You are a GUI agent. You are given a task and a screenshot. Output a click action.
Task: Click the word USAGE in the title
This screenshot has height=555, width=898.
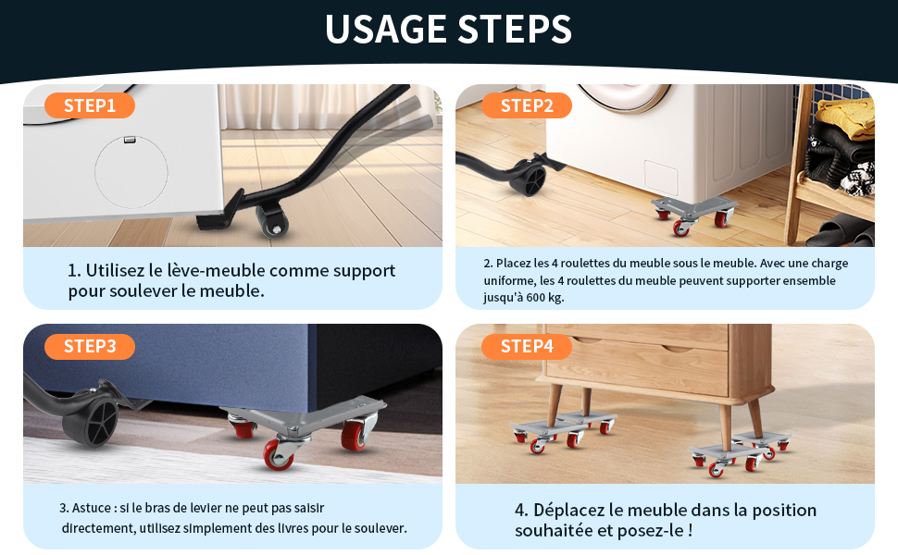point(385,30)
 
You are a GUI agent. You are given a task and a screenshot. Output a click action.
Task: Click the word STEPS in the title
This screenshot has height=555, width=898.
point(515,30)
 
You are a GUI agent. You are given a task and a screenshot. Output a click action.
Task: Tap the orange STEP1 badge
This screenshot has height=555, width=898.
point(90,105)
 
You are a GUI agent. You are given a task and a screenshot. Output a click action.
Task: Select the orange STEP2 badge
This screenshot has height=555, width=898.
point(527,105)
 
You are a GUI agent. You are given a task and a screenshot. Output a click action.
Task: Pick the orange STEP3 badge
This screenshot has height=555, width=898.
point(90,346)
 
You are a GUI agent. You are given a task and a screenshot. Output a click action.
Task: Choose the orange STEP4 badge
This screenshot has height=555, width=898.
point(527,346)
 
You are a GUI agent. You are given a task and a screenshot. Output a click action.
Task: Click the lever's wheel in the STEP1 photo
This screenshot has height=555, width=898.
point(271,221)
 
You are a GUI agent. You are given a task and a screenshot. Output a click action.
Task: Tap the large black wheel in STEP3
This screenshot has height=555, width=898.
point(92,422)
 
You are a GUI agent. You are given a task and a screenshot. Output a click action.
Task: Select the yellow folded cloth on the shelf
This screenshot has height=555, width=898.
point(846,117)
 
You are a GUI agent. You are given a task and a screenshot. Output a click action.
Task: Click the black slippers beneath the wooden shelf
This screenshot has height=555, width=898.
point(842,233)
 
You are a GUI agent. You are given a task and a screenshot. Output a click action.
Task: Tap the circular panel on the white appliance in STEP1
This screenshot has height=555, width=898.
point(131,172)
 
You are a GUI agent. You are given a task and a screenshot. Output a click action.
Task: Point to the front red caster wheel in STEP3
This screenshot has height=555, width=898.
point(279,455)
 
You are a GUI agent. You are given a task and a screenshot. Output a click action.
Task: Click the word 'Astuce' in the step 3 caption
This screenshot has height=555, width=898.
point(92,508)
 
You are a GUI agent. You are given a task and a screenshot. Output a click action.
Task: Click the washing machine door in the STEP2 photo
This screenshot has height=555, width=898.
point(623,97)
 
